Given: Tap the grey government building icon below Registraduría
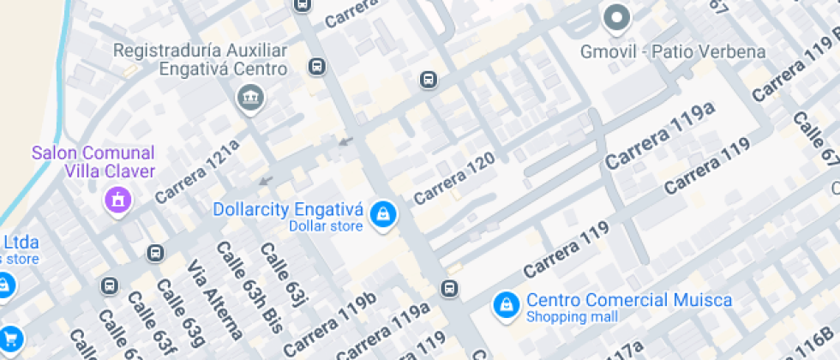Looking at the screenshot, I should click(x=250, y=99).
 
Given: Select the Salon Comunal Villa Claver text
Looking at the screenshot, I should click(x=93, y=162).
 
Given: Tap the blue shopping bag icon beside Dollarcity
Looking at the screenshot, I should click(x=382, y=215).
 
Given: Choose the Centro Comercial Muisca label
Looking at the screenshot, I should click(x=628, y=300).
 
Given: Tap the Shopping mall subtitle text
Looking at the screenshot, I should click(x=571, y=317).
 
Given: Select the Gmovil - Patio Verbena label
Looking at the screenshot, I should click(x=672, y=51).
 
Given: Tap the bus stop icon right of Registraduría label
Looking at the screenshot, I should click(x=316, y=67).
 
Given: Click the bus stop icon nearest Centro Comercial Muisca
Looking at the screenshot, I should click(x=449, y=288).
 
